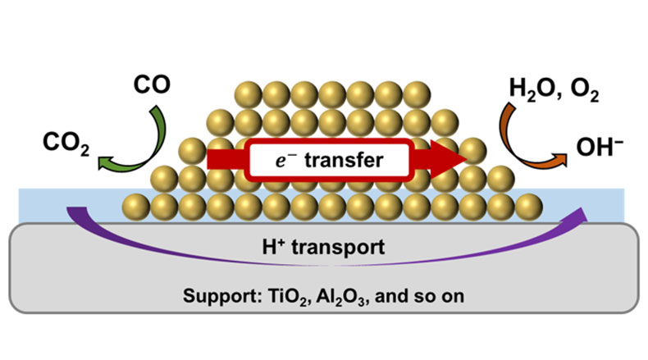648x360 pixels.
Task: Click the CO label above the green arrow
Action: point(152,84)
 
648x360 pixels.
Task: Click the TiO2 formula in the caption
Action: point(288,295)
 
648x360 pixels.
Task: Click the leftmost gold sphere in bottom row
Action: point(136,205)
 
